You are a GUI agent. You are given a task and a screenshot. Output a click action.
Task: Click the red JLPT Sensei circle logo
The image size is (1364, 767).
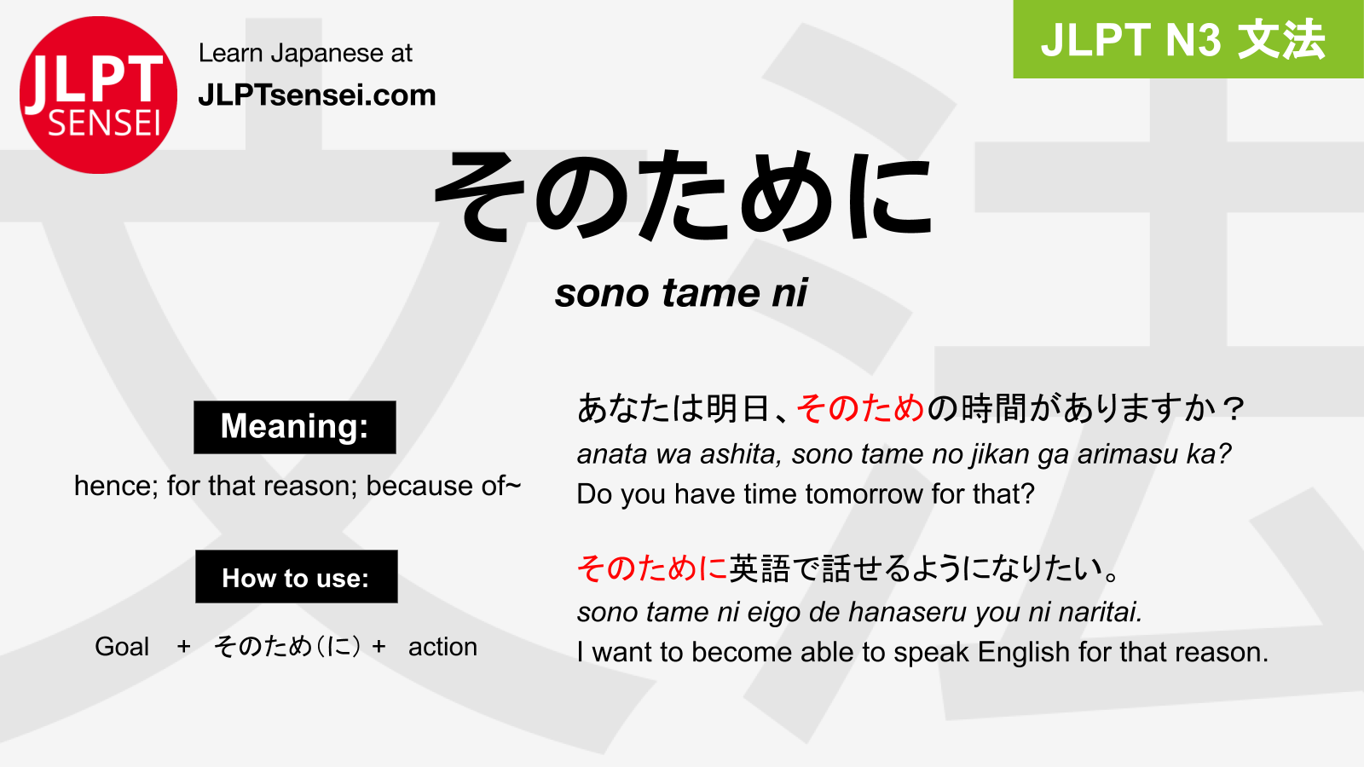[98, 95]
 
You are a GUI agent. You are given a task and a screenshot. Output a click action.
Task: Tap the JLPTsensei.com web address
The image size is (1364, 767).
[317, 95]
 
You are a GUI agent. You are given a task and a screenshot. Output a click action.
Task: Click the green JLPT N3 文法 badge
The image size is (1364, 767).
[1188, 39]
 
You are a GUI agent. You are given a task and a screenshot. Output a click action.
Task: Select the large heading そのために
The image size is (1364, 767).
[683, 196]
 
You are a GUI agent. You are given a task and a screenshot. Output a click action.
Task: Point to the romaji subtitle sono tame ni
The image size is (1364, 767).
[681, 293]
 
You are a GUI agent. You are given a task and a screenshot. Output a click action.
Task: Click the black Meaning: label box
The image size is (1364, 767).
[295, 427]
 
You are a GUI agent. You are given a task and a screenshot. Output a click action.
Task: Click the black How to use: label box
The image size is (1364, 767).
[297, 576]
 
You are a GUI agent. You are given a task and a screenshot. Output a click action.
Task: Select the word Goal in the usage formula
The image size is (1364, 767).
[122, 647]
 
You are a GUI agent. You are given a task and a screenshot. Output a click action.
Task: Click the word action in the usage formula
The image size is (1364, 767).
[442, 647]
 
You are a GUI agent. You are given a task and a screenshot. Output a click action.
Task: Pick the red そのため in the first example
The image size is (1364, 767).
[860, 408]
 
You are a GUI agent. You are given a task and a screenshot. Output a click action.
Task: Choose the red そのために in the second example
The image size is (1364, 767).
[652, 568]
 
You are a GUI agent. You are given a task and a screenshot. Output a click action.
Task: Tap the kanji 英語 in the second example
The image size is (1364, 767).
[760, 568]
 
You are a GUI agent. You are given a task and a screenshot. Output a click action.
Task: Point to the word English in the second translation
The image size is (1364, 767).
[1024, 653]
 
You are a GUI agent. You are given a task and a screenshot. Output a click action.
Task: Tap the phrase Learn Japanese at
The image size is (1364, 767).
[306, 53]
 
